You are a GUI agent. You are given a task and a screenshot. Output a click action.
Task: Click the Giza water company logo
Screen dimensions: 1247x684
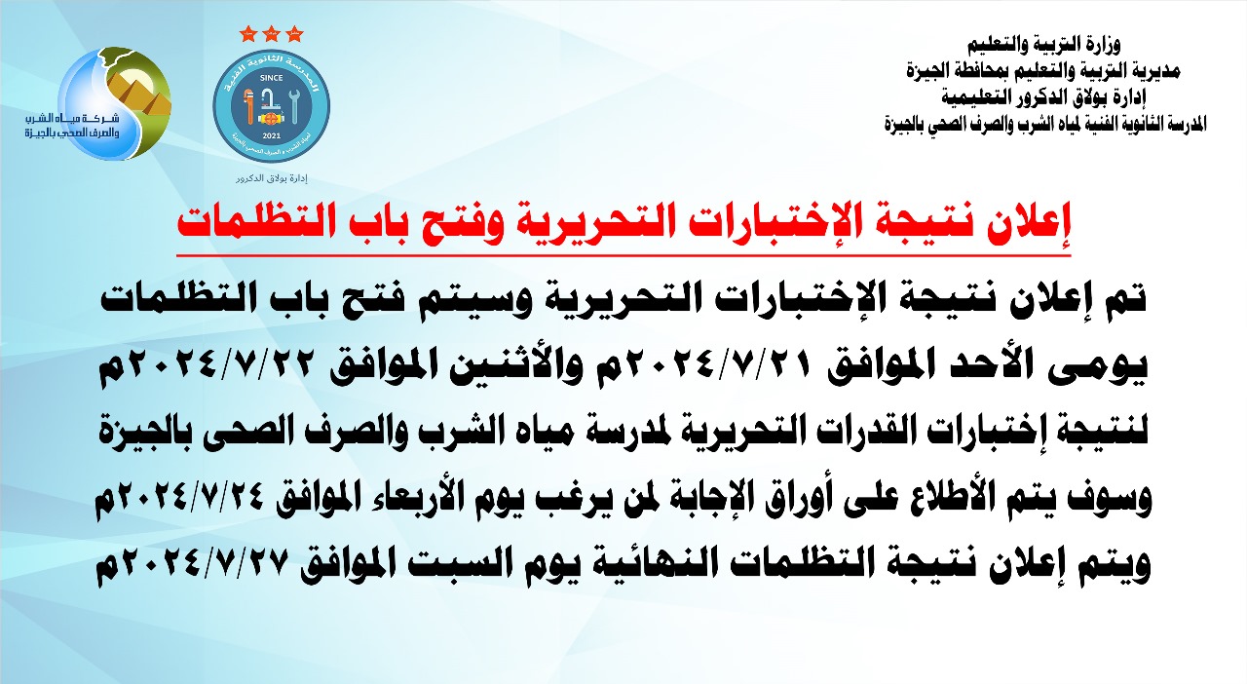(x=98, y=103)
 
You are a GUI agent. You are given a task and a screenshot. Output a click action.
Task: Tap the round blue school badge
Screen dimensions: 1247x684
(x=271, y=106)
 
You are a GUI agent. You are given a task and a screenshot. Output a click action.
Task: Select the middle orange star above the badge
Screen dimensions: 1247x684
(x=271, y=34)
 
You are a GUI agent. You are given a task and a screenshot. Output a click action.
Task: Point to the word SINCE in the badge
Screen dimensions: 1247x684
(x=271, y=78)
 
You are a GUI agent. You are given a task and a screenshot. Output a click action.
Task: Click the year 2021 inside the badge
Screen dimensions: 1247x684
(x=271, y=135)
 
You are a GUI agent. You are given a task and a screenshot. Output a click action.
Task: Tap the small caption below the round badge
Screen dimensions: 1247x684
(x=272, y=178)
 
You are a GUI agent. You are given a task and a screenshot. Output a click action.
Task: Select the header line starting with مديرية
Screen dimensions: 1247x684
(x=1042, y=71)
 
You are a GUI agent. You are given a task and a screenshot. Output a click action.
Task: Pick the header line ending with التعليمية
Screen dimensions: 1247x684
(x=1043, y=97)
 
